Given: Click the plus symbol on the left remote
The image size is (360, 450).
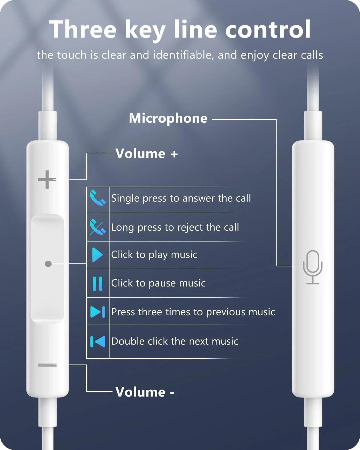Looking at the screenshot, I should click(47, 180).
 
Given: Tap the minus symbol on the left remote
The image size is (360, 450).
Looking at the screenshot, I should click(47, 365).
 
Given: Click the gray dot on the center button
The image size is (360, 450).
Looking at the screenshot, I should click(48, 264).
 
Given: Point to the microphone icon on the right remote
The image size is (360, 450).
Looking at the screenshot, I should click(313, 267).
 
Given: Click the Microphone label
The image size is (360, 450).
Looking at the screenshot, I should click(168, 118).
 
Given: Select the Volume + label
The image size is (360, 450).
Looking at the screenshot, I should click(147, 154).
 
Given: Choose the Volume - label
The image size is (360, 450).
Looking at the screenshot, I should click(145, 392).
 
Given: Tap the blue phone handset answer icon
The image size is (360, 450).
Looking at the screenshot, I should click(97, 198).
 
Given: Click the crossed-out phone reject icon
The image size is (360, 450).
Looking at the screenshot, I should click(97, 227).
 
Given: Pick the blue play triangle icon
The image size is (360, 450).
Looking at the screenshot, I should click(97, 255).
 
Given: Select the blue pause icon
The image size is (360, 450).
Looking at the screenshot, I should click(97, 283).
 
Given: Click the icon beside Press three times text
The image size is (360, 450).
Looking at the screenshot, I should click(97, 312).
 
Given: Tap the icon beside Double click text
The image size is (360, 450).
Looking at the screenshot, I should click(97, 341).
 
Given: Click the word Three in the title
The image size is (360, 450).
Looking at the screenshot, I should click(83, 29).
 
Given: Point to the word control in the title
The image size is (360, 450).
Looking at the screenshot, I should click(268, 29).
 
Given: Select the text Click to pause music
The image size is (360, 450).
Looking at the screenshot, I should click(158, 283).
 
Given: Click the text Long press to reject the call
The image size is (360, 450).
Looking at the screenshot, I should click(175, 227).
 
